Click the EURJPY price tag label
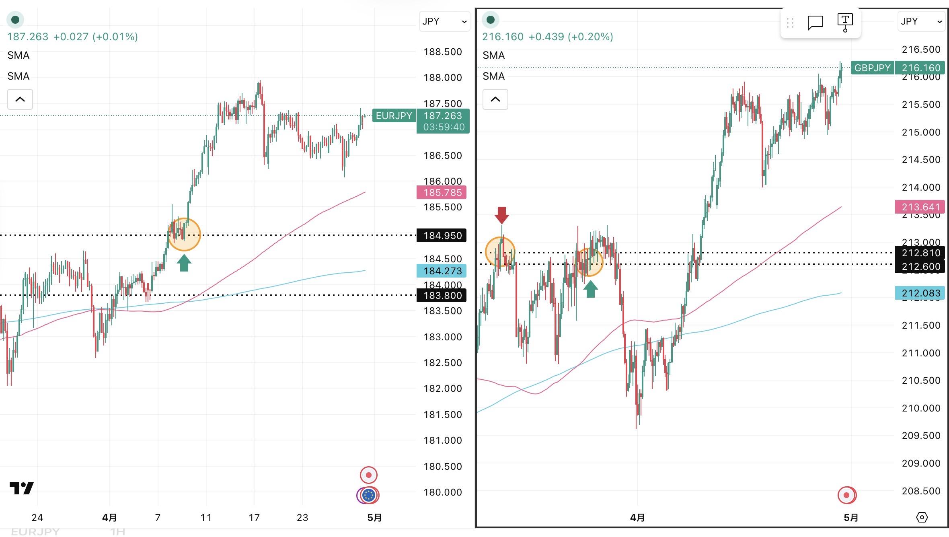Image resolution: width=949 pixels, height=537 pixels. pos(394,116)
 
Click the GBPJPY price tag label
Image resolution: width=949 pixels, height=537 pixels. pos(872,68)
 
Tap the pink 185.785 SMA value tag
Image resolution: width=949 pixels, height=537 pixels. pos(442,193)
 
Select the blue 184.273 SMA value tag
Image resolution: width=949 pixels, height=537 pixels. pos(442,271)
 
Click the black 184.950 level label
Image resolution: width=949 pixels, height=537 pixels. pos(442,235)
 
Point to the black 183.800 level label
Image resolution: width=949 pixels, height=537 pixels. pos(442,296)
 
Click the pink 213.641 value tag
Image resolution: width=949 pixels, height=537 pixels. pos(920,207)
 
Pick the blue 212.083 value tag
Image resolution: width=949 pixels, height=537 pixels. pos(920,293)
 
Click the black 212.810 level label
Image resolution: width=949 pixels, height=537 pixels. pos(920,253)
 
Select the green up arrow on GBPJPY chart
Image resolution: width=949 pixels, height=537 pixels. pos(590,289)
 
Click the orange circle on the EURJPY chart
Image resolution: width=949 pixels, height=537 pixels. pos(185,235)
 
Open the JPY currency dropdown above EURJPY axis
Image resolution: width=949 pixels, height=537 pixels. pos(444,21)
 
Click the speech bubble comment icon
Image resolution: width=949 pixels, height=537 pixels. pos(815,23)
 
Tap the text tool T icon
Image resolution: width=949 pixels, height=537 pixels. pos(845,22)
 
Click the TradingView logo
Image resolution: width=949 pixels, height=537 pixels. pos(22,488)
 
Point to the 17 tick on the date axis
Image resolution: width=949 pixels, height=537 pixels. pos(254,518)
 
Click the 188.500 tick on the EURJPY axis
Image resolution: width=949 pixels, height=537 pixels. pos(442,52)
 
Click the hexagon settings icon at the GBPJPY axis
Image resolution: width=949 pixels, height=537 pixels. pos(922,517)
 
